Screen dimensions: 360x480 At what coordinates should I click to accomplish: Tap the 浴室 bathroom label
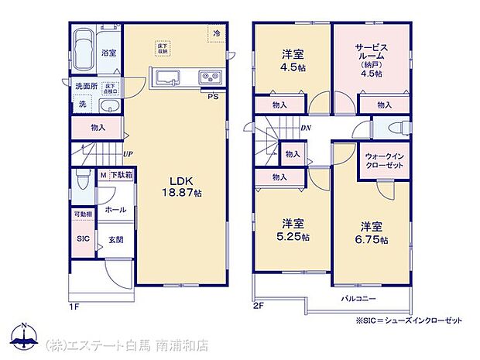[x=108, y=53]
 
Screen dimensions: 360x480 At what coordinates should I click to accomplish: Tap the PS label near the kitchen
[x=211, y=96]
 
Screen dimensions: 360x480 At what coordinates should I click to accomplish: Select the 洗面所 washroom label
[x=85, y=86]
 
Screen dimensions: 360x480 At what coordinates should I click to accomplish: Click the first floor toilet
[x=83, y=181]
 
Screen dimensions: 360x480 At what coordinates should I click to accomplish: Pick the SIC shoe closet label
[x=83, y=239]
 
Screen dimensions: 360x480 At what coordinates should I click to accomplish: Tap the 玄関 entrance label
[x=114, y=240]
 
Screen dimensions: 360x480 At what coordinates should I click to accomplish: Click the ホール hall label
[x=115, y=209]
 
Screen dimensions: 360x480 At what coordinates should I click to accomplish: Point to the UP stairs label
[x=125, y=154]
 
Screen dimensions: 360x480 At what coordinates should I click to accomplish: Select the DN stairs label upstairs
[x=305, y=128]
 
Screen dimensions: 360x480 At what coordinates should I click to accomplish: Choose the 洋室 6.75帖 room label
[x=373, y=233]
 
